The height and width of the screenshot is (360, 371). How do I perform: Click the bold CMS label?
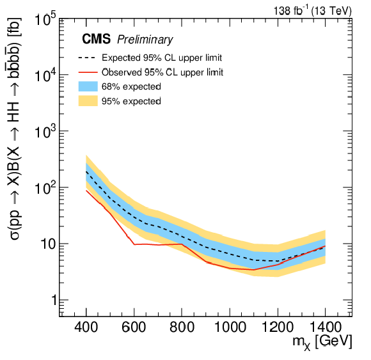point(97,38)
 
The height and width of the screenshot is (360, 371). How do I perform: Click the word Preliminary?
point(145,40)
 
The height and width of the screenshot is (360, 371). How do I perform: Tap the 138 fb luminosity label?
point(313,10)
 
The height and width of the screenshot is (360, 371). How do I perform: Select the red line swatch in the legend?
point(88,72)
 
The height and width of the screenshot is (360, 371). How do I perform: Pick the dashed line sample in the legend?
point(87,58)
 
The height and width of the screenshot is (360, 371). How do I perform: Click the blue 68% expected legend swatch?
point(88,86)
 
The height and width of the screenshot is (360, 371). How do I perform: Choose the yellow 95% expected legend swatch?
point(88,101)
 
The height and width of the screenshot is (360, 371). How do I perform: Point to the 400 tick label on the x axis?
point(86,327)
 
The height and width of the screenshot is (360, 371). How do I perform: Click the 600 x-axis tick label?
point(134,327)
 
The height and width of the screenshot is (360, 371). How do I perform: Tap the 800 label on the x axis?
point(182,327)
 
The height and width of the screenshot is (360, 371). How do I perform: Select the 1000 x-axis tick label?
point(230,327)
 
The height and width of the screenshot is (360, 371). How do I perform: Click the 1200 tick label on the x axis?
point(278,327)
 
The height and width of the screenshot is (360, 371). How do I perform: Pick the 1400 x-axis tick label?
point(326,327)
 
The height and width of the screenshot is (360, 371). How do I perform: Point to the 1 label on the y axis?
point(54,300)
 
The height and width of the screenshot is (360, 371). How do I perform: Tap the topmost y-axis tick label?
point(45,19)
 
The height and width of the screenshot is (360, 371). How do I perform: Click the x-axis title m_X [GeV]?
point(322,342)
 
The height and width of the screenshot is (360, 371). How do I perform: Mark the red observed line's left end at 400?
point(86,191)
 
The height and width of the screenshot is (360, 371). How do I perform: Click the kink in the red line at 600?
point(134,244)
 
